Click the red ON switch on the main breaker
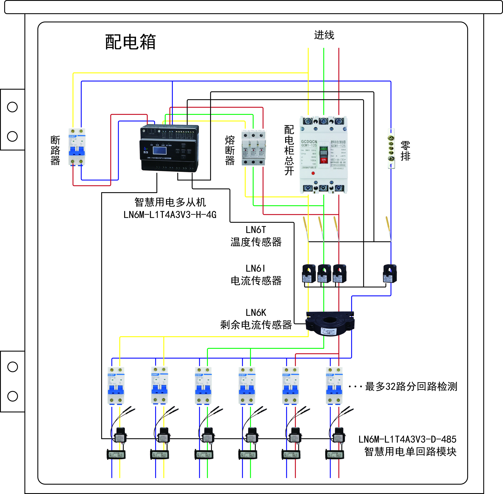pos(324,160)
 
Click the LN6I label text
pos(256,268)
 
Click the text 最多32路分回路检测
pos(411,387)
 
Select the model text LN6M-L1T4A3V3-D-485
pos(407,439)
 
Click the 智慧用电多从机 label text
pos(170,202)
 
